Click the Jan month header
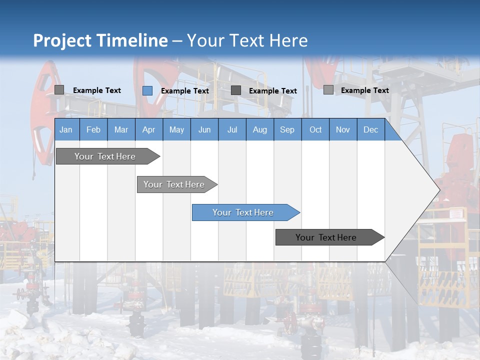[66, 129]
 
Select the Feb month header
[93, 129]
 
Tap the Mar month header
[121, 129]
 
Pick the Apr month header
[149, 129]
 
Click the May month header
[176, 129]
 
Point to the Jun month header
[204, 129]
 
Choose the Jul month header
[232, 129]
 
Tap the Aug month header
[260, 129]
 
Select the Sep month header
[287, 129]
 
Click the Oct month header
[315, 129]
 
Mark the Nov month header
[343, 129]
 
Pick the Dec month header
[371, 129]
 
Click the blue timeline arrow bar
[243, 212]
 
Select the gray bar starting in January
[105, 156]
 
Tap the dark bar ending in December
[326, 237]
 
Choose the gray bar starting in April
[174, 184]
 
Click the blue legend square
[147, 90]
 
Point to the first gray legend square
[59, 90]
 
